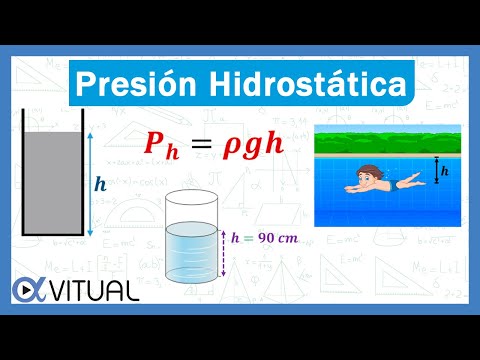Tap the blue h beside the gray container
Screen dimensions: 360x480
click(x=99, y=184)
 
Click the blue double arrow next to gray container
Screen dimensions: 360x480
click(x=88, y=184)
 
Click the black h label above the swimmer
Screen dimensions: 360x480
click(x=446, y=171)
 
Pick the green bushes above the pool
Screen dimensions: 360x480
click(x=390, y=141)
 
